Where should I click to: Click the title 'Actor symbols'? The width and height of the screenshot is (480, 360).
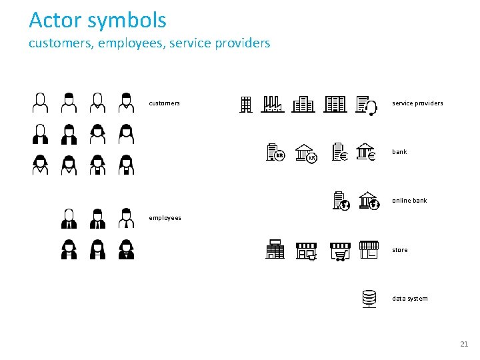[97, 20]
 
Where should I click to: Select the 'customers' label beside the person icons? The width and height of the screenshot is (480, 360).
[164, 103]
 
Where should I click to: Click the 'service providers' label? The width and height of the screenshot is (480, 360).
[417, 103]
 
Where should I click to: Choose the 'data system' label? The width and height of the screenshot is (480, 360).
[410, 299]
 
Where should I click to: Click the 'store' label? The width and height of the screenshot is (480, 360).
[400, 250]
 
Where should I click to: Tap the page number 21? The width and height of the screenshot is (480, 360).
[464, 344]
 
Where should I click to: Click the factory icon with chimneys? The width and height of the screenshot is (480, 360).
[273, 104]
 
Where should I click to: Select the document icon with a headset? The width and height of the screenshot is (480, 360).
[367, 105]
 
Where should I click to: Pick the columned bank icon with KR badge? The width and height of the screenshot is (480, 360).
[306, 153]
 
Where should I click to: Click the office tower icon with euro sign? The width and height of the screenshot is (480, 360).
[340, 153]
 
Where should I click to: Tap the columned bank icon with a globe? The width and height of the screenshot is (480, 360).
[369, 201]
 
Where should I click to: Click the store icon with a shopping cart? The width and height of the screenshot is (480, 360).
[340, 250]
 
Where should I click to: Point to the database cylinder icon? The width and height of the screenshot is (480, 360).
[369, 299]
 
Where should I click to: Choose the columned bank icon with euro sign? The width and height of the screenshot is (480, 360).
[367, 152]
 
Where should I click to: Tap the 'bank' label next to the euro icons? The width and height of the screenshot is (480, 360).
[399, 152]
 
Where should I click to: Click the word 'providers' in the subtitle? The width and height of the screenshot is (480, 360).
[245, 43]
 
